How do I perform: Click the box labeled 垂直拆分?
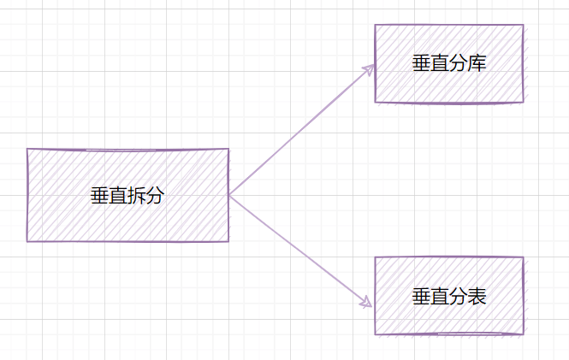pyautogui.click(x=127, y=195)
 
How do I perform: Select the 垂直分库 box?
pyautogui.click(x=449, y=64)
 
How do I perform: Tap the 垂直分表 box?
pyautogui.click(x=449, y=296)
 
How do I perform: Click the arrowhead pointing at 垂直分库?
pyautogui.click(x=369, y=69)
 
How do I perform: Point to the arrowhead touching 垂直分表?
pyautogui.click(x=366, y=302)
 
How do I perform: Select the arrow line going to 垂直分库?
pyautogui.click(x=302, y=130)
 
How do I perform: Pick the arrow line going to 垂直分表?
pyautogui.click(x=301, y=251)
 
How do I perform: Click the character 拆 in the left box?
pyautogui.click(x=137, y=196)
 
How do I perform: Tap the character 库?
pyautogui.click(x=477, y=63)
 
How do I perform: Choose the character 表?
pyautogui.click(x=477, y=296)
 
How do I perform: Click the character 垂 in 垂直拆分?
pyautogui.click(x=100, y=196)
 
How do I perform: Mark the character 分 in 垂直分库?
pyautogui.click(x=459, y=63)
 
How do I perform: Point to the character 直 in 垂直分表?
pyautogui.click(x=440, y=296)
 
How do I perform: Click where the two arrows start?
pyautogui.click(x=229, y=196)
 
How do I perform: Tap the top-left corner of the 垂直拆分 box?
pyautogui.click(x=27, y=149)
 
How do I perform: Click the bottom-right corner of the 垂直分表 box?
pyautogui.click(x=524, y=333)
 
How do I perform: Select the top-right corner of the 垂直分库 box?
pyautogui.click(x=523, y=25)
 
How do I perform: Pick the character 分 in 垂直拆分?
pyautogui.click(x=156, y=196)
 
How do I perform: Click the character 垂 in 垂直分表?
pyautogui.click(x=421, y=296)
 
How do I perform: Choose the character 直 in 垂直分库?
pyautogui.click(x=440, y=63)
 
